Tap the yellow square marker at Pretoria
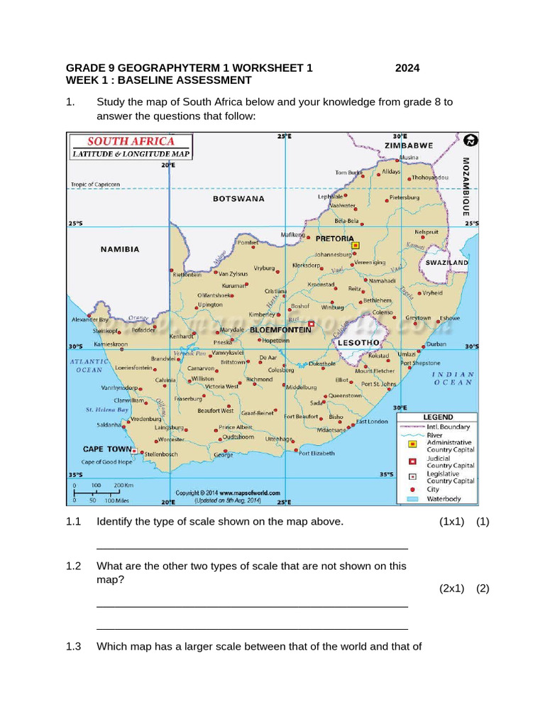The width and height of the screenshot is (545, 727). (x=356, y=245)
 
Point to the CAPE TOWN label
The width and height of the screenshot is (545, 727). (x=107, y=449)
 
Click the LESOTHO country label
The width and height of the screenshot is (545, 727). (x=353, y=342)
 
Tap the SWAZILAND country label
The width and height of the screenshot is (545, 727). (x=446, y=263)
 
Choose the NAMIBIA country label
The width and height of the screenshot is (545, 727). (x=120, y=249)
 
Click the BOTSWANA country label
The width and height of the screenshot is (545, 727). (x=238, y=199)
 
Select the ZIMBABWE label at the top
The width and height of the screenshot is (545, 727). (x=409, y=146)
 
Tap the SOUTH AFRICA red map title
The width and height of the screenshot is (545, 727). (x=131, y=141)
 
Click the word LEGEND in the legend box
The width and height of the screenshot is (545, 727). (x=438, y=417)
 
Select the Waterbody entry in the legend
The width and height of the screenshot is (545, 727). (x=444, y=499)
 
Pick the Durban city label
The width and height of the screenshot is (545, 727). (x=436, y=344)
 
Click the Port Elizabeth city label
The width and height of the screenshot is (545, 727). (x=316, y=453)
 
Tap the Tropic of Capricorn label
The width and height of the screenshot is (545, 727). (x=95, y=185)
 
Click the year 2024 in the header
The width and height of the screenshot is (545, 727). (x=407, y=68)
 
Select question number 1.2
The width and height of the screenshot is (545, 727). (x=74, y=566)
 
